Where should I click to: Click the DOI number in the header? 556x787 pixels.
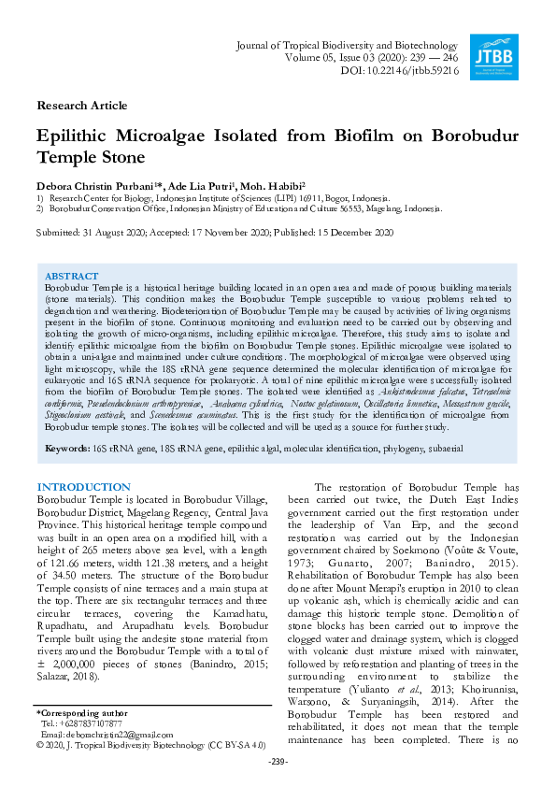pyautogui.click(x=410, y=70)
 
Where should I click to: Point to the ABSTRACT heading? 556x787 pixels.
pyautogui.click(x=71, y=277)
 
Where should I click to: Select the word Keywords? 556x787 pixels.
pyautogui.click(x=66, y=450)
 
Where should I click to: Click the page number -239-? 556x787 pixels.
pyautogui.click(x=277, y=763)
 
